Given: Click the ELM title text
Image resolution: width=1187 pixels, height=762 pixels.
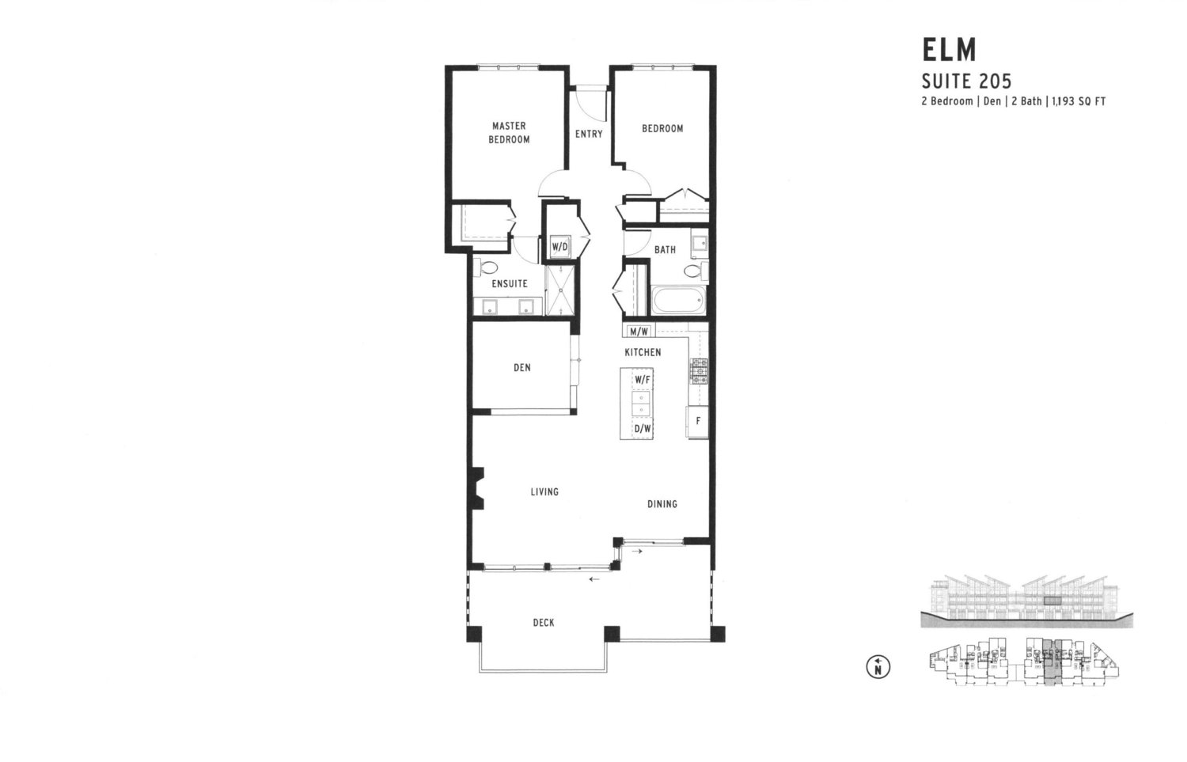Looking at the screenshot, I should (x=949, y=50).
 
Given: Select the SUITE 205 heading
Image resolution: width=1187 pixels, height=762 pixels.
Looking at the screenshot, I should (x=966, y=81).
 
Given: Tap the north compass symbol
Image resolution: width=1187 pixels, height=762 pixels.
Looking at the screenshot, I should (x=878, y=668).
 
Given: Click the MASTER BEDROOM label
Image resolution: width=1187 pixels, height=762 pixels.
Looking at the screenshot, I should (x=508, y=132).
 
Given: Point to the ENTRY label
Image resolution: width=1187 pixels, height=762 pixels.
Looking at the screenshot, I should (x=589, y=134).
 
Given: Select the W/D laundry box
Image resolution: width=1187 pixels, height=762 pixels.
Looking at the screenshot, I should (x=559, y=247).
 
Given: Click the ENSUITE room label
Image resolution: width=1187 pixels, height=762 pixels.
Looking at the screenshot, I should (x=509, y=283).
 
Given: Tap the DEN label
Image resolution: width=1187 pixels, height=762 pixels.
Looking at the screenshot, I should (x=521, y=367).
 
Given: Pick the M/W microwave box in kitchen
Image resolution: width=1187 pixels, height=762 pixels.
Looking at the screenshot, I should (x=639, y=332).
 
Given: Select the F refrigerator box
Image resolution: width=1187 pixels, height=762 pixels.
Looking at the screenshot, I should (x=697, y=421).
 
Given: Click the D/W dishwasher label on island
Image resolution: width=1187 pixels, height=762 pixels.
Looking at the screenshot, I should (x=642, y=429).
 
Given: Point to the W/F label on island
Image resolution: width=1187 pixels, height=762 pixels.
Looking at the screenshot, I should (x=641, y=380).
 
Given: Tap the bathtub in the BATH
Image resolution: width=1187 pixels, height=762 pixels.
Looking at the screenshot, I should (x=677, y=301).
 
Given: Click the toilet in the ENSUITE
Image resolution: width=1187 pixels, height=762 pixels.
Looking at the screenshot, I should (x=485, y=267).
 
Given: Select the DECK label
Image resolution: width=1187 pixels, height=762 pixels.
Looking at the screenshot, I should (x=543, y=623).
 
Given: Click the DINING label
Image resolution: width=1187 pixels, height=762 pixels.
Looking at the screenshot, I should (x=662, y=504).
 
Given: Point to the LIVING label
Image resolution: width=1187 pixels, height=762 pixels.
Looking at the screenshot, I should (x=544, y=491).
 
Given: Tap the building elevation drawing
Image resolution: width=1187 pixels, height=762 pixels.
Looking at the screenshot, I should (x=1026, y=601).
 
